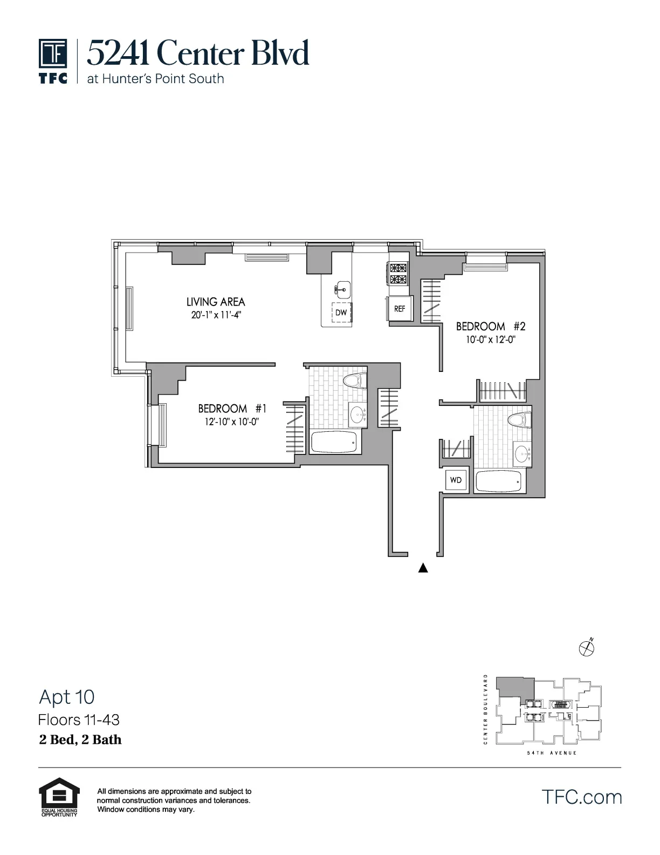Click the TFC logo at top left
point(53,60)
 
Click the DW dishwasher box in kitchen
point(341,313)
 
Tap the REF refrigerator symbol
point(400,309)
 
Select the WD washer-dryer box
point(456,480)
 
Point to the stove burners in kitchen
point(398,273)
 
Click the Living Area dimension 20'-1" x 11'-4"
point(216,315)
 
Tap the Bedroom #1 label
point(232,409)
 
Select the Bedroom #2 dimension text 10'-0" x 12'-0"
point(488,340)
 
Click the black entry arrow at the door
point(423,568)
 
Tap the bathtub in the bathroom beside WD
point(499,481)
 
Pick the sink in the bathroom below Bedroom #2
point(522,453)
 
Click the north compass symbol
point(586,647)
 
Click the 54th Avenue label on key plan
point(552,753)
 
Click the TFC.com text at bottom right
point(581,797)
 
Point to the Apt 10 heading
point(67,697)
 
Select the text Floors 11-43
point(79,720)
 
